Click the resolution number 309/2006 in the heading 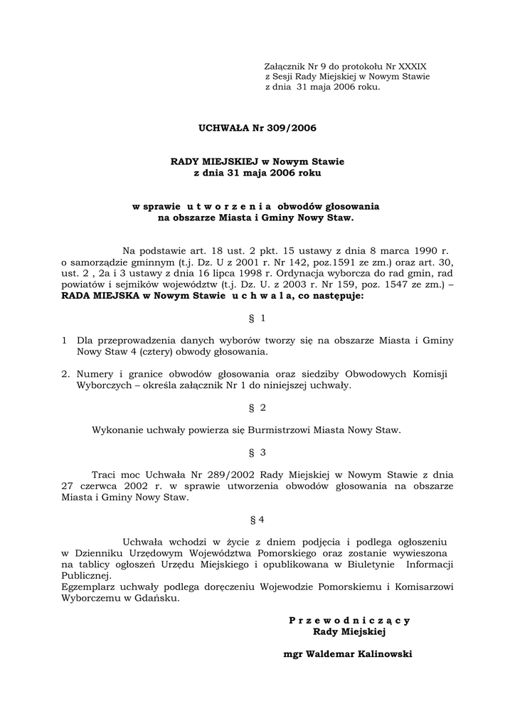tap(289, 128)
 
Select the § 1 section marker tap(257, 318)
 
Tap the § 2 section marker tap(257, 407)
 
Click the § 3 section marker tap(257, 452)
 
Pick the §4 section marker tap(257, 520)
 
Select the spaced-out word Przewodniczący tap(349, 620)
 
